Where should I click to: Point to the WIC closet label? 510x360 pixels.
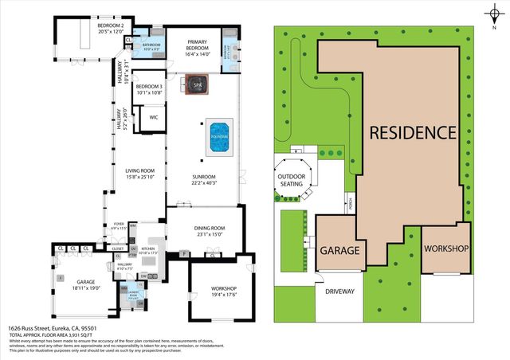point(155,117)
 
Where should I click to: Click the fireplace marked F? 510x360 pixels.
point(184,254)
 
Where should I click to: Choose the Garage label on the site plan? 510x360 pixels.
point(340,250)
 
